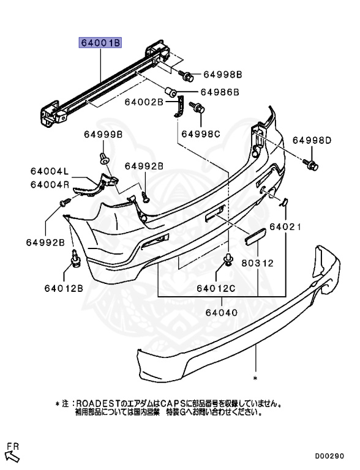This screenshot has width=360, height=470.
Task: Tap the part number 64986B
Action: [219, 92]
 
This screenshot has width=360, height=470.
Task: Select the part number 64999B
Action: [103, 134]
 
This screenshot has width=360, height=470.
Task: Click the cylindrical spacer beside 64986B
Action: [173, 92]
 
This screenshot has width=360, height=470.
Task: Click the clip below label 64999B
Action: [104, 160]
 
